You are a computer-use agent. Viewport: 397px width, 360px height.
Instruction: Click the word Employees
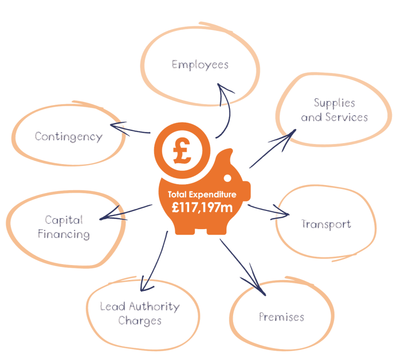(200, 65)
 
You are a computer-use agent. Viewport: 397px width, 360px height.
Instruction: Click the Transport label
(326, 224)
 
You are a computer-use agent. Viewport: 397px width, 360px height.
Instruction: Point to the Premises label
(282, 317)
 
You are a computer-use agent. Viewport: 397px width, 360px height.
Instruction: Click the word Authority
(154, 307)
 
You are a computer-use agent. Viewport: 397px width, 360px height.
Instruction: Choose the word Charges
(140, 321)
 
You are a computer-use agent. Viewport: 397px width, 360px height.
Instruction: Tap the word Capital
(64, 219)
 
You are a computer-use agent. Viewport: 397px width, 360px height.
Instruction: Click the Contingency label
(68, 137)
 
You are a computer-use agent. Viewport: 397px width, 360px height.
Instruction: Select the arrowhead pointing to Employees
(226, 91)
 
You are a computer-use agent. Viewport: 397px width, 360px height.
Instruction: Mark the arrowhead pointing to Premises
(258, 287)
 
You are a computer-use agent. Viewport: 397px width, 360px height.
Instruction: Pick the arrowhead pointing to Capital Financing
(106, 217)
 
